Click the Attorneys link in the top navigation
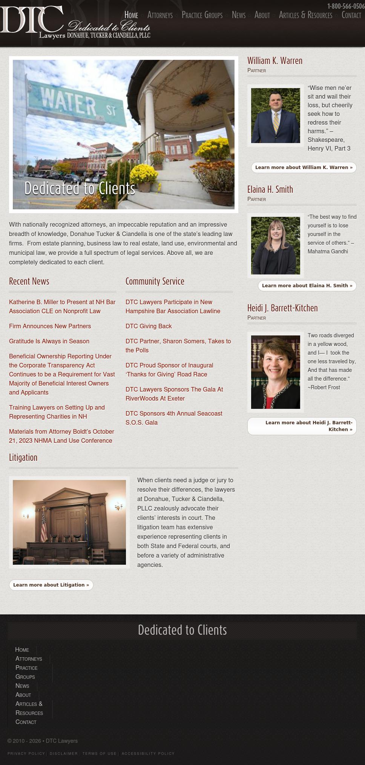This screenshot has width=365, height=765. coord(160,15)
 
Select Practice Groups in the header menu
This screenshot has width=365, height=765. coord(202,15)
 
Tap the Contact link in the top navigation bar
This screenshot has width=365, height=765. coord(351,15)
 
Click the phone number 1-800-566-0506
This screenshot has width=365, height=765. coord(346,6)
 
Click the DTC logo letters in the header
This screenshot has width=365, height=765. coord(32,20)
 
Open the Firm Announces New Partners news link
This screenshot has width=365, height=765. coord(50,326)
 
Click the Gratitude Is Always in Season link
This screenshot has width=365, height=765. coord(49,341)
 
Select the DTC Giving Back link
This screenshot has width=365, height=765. coord(149,326)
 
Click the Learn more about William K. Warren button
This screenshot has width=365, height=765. coord(304,168)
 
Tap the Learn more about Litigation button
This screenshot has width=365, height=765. coord(51,585)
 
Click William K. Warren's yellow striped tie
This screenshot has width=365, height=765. coord(276,122)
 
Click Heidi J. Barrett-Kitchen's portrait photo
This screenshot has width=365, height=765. coord(276,372)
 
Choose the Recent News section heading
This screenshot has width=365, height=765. coord(29,282)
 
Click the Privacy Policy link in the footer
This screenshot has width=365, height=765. coord(26,753)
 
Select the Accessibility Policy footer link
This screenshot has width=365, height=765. coord(148,753)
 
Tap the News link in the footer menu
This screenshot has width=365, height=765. coord(22,686)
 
